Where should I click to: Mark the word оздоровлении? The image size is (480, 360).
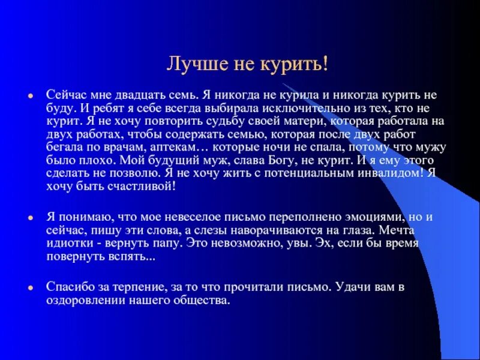[x=86, y=300]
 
